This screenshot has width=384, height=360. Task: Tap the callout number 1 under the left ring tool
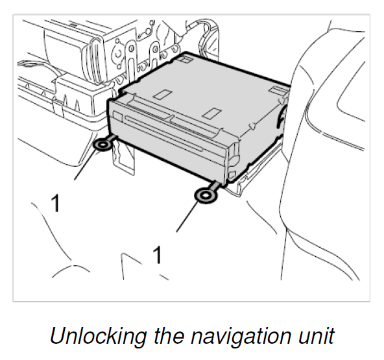click(55, 202)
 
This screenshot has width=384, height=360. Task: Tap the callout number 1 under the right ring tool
click(157, 255)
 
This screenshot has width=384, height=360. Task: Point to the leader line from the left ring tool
click(86, 165)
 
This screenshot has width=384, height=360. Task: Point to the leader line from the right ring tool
click(187, 217)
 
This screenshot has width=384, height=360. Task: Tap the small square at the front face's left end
click(118, 117)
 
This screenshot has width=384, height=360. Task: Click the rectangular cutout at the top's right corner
click(279, 91)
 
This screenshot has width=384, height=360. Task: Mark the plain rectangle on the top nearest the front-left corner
click(162, 95)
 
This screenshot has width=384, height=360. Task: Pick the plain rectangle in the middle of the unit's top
click(212, 114)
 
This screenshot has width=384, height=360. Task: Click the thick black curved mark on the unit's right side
click(281, 117)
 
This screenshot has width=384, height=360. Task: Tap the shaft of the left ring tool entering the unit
click(113, 138)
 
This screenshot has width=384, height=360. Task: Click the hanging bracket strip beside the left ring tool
click(123, 157)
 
